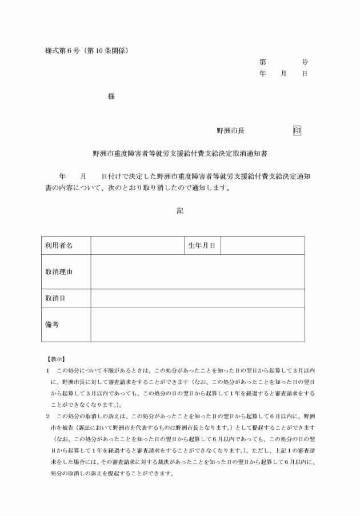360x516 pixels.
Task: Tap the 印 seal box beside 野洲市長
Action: click(297, 131)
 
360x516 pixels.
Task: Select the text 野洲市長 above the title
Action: click(230, 131)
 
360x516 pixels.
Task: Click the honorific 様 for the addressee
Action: click(111, 97)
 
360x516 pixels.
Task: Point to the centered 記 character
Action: click(180, 210)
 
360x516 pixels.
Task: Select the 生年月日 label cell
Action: click(202, 245)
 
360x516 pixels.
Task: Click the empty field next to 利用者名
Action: click(137, 245)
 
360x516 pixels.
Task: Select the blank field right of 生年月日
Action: click(262, 245)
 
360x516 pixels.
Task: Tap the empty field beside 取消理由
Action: click(197, 271)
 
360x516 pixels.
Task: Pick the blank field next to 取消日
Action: click(197, 298)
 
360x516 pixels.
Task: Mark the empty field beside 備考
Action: click(197, 324)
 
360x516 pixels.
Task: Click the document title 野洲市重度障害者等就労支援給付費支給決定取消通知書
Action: click(180, 154)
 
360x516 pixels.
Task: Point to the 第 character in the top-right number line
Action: click(262, 62)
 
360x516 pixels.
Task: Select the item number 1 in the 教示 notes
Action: click(47, 371)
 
